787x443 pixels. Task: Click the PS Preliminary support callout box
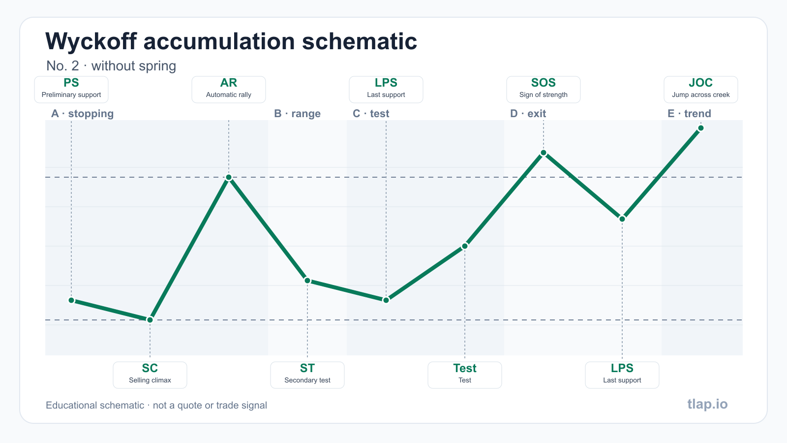click(x=71, y=90)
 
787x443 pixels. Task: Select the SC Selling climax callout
click(x=150, y=375)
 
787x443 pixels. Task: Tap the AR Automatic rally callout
click(x=229, y=90)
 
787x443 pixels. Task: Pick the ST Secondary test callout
click(x=307, y=375)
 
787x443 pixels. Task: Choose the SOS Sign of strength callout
click(x=544, y=90)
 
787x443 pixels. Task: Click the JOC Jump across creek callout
click(x=701, y=90)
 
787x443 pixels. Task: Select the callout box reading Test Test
click(x=465, y=375)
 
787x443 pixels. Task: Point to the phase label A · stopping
click(x=83, y=114)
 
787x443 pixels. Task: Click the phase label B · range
click(x=297, y=114)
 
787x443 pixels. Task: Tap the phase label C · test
click(x=371, y=114)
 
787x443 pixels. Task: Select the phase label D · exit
click(x=528, y=114)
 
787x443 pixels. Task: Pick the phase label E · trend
click(x=689, y=114)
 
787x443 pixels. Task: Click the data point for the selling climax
click(x=150, y=320)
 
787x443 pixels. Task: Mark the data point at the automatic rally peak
click(x=229, y=177)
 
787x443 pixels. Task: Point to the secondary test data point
click(x=307, y=281)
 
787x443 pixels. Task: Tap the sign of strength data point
click(x=544, y=153)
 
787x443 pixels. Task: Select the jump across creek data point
click(x=701, y=128)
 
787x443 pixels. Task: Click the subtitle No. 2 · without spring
click(x=111, y=66)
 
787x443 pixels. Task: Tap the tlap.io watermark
click(x=708, y=404)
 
